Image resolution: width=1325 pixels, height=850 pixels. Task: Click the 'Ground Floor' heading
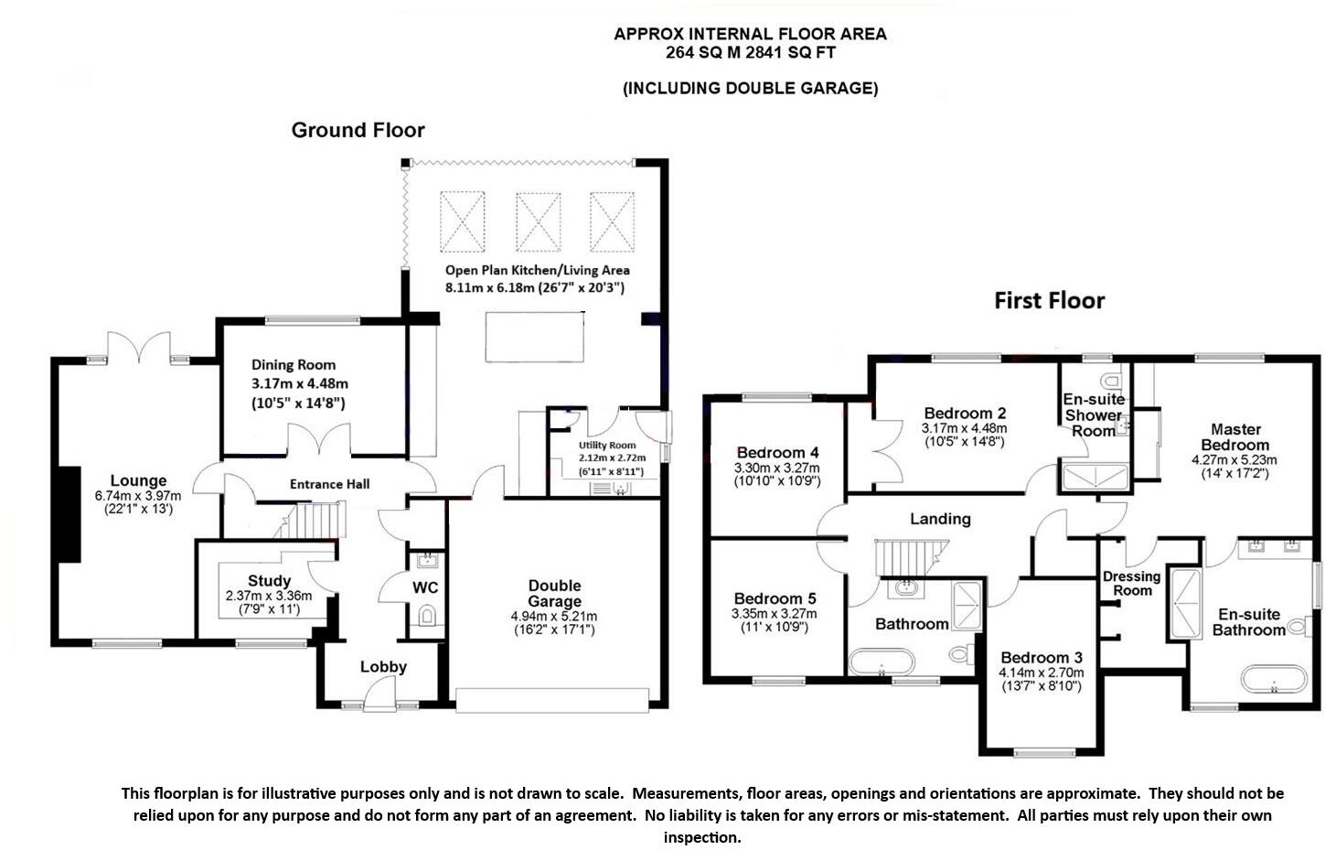point(358,130)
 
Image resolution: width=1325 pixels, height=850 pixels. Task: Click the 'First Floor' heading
point(1049,301)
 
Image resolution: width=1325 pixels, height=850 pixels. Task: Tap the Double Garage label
point(554,593)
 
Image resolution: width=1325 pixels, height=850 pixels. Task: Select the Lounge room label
point(138,480)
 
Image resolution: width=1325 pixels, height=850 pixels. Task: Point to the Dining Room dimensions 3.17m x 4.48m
point(299,383)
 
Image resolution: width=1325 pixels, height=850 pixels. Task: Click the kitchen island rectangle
point(534,336)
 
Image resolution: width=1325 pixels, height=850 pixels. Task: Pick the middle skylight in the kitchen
point(538,221)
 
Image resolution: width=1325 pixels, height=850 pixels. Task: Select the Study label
point(269,581)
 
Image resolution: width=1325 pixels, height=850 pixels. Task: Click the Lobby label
point(383,667)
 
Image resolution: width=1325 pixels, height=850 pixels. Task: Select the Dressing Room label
point(1131,584)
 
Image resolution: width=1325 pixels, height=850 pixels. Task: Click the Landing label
point(940,519)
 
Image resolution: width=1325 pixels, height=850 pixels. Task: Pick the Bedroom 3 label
point(1042,658)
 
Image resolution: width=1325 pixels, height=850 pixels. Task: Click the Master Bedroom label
point(1235,436)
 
